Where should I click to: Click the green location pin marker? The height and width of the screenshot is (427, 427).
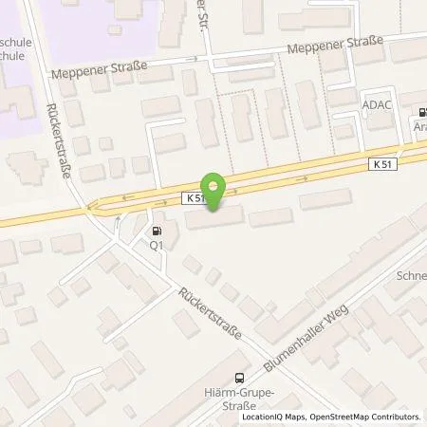[x=214, y=193]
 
